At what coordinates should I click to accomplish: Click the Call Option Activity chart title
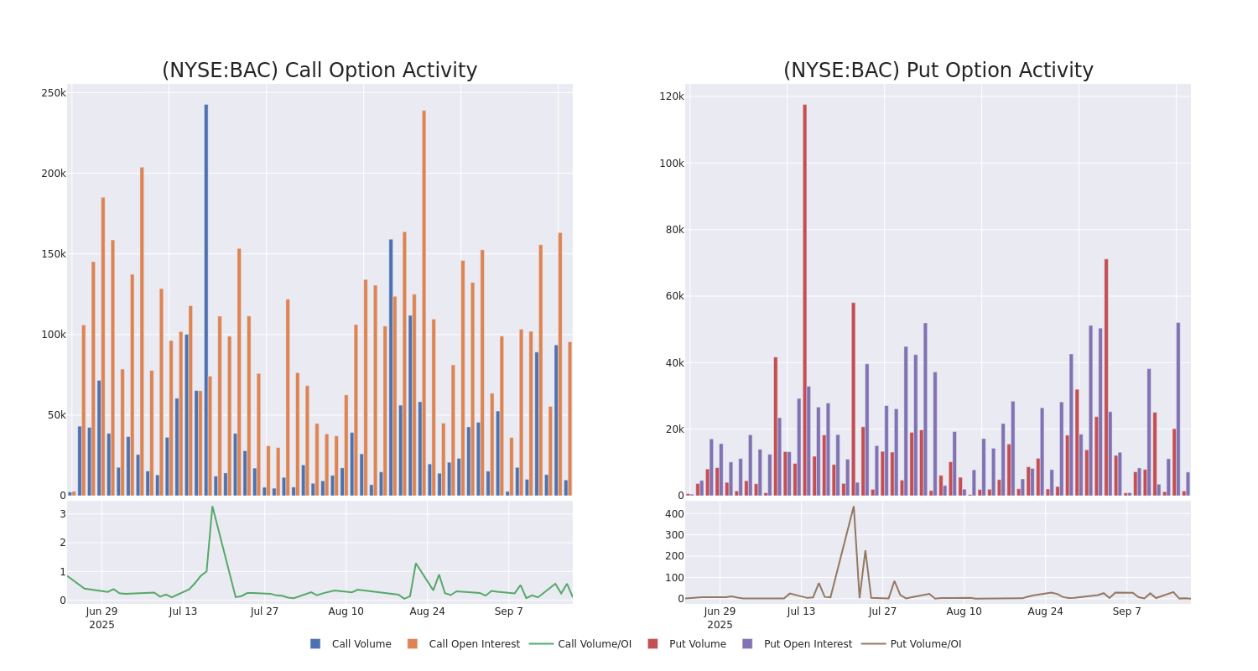(x=320, y=70)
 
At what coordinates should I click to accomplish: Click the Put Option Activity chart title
(x=938, y=70)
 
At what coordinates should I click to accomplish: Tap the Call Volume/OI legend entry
(x=580, y=644)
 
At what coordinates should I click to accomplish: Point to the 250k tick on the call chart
(x=54, y=93)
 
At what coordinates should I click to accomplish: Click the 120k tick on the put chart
(x=672, y=96)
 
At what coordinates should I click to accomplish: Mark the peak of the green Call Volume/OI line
(x=212, y=506)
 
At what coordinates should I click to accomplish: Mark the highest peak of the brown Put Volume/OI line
(x=854, y=506)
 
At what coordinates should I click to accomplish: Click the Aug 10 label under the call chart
(x=346, y=611)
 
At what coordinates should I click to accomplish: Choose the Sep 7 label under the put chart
(x=1127, y=611)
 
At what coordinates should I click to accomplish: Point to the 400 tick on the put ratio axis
(x=674, y=513)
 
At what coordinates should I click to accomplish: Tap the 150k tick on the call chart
(x=54, y=254)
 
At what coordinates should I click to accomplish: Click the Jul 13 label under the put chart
(x=801, y=611)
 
